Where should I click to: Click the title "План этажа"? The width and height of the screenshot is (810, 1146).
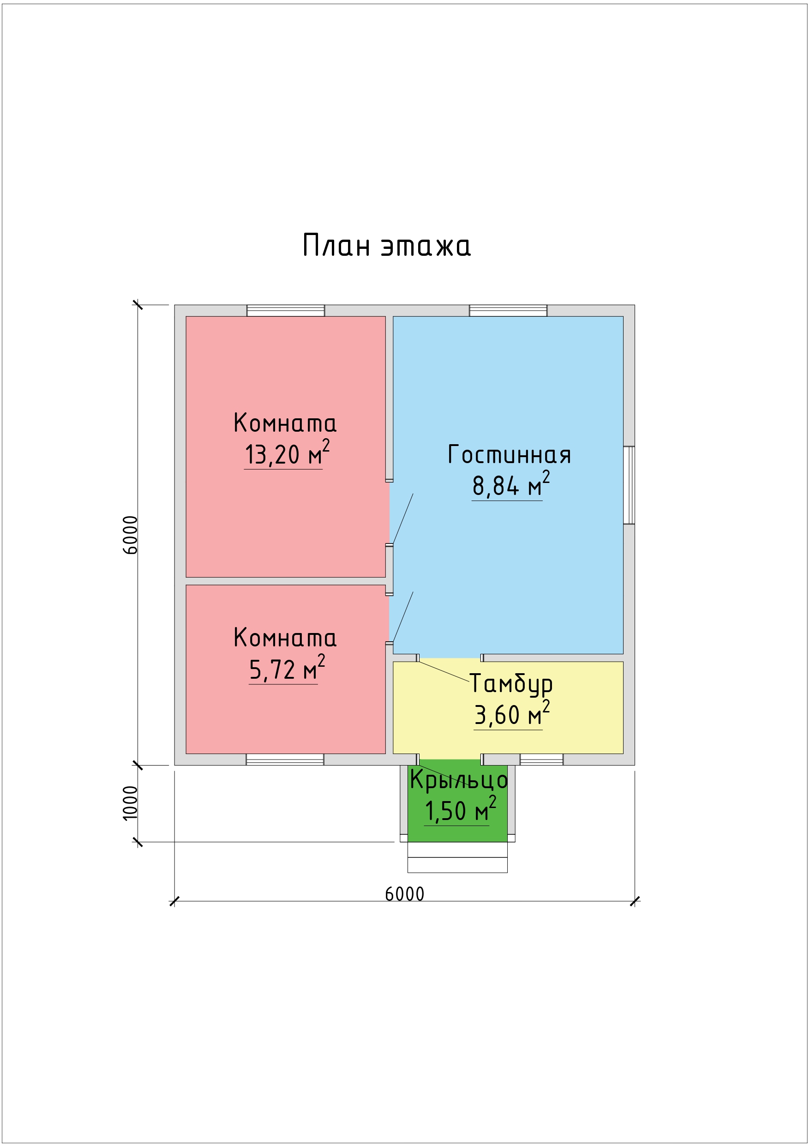pyautogui.click(x=387, y=245)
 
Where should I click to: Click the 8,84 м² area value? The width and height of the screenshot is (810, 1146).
pyautogui.click(x=511, y=484)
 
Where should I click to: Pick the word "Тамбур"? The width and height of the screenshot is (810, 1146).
pyautogui.click(x=511, y=684)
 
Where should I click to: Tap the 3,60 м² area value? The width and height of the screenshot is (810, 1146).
pyautogui.click(x=511, y=714)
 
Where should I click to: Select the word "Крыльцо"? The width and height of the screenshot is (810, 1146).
pyautogui.click(x=459, y=780)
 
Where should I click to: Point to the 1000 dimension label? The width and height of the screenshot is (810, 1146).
pyautogui.click(x=130, y=803)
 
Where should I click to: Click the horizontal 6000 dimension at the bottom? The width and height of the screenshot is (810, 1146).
pyautogui.click(x=404, y=894)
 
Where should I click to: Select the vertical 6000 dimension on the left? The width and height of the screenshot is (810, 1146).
pyautogui.click(x=130, y=535)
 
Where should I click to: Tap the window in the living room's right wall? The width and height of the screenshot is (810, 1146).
pyautogui.click(x=629, y=485)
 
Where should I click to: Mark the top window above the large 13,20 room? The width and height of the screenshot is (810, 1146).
pyautogui.click(x=286, y=310)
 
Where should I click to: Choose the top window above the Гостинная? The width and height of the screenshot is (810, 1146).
pyautogui.click(x=508, y=310)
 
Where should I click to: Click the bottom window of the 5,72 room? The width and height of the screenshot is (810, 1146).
pyautogui.click(x=285, y=759)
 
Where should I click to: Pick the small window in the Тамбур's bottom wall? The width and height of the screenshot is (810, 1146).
pyautogui.click(x=541, y=759)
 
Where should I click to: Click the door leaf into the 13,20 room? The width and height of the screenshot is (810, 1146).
pyautogui.click(x=403, y=519)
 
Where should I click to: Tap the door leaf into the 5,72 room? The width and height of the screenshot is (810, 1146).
pyautogui.click(x=403, y=617)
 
